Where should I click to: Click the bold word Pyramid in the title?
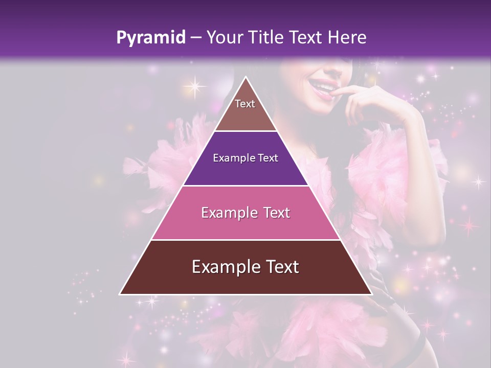tap(150, 38)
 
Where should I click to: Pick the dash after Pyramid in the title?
tap(195, 38)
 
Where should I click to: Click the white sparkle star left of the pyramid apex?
tap(194, 85)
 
